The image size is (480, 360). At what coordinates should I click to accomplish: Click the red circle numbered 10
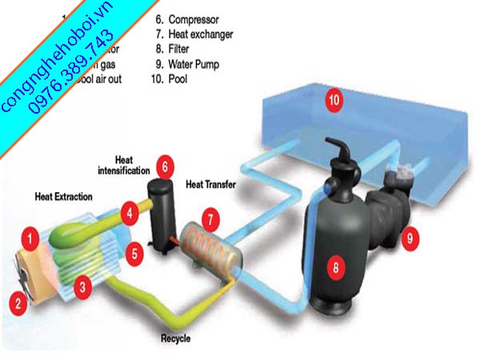pos(334,100)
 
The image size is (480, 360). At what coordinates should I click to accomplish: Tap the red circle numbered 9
pos(409,236)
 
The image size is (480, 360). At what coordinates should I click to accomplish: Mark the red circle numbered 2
pos(15,302)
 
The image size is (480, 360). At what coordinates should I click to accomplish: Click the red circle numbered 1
pos(30,237)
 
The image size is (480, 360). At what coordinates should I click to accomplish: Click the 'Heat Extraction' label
pos(63,196)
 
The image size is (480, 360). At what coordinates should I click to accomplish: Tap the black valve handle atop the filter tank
pos(341,152)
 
